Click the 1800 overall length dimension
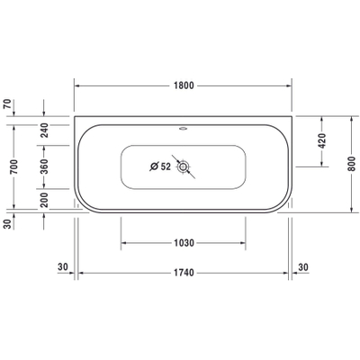(184, 85)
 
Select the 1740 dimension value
(184, 273)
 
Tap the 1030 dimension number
(184, 243)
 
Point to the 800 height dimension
(351, 164)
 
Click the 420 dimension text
(321, 140)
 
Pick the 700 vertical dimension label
(14, 166)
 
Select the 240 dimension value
(44, 130)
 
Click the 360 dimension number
(44, 166)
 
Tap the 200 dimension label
(44, 200)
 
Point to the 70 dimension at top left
(7, 103)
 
